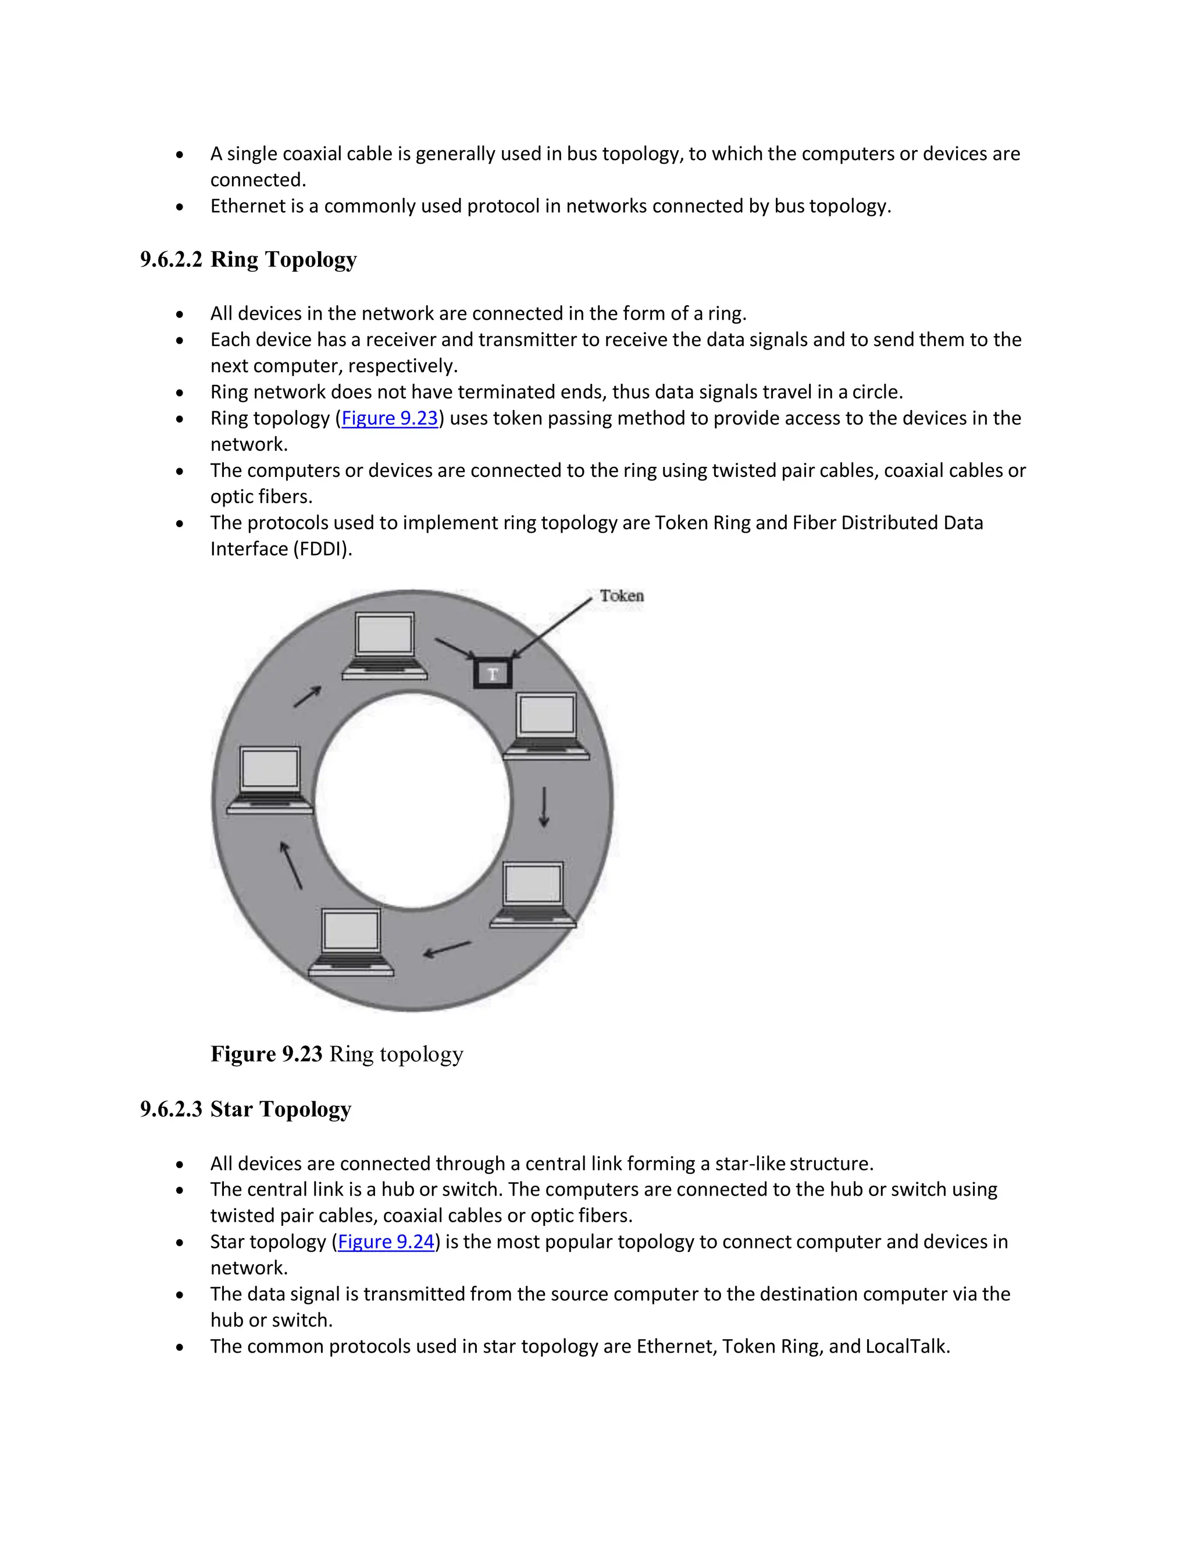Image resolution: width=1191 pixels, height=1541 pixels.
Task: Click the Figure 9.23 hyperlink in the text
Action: [x=390, y=419]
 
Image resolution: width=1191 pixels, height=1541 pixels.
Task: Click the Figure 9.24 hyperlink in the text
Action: [x=386, y=1242]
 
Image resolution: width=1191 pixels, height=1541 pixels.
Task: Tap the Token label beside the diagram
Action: [x=622, y=596]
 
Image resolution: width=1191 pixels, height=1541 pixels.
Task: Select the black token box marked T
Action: [x=493, y=674]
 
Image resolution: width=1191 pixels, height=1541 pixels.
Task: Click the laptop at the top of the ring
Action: [x=384, y=645]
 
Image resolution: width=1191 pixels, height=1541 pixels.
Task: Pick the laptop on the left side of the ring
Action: [x=269, y=780]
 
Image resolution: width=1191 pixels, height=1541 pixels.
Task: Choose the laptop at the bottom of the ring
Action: [x=351, y=942]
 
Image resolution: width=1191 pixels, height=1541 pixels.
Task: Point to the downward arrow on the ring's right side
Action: [x=544, y=807]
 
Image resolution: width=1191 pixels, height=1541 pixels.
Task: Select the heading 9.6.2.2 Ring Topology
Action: [x=248, y=260]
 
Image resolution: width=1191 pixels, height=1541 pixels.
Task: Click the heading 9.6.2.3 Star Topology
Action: [x=245, y=1109]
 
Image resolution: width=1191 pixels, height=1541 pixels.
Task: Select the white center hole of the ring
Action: [x=412, y=801]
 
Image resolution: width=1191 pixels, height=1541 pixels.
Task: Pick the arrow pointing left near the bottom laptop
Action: [x=447, y=949]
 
